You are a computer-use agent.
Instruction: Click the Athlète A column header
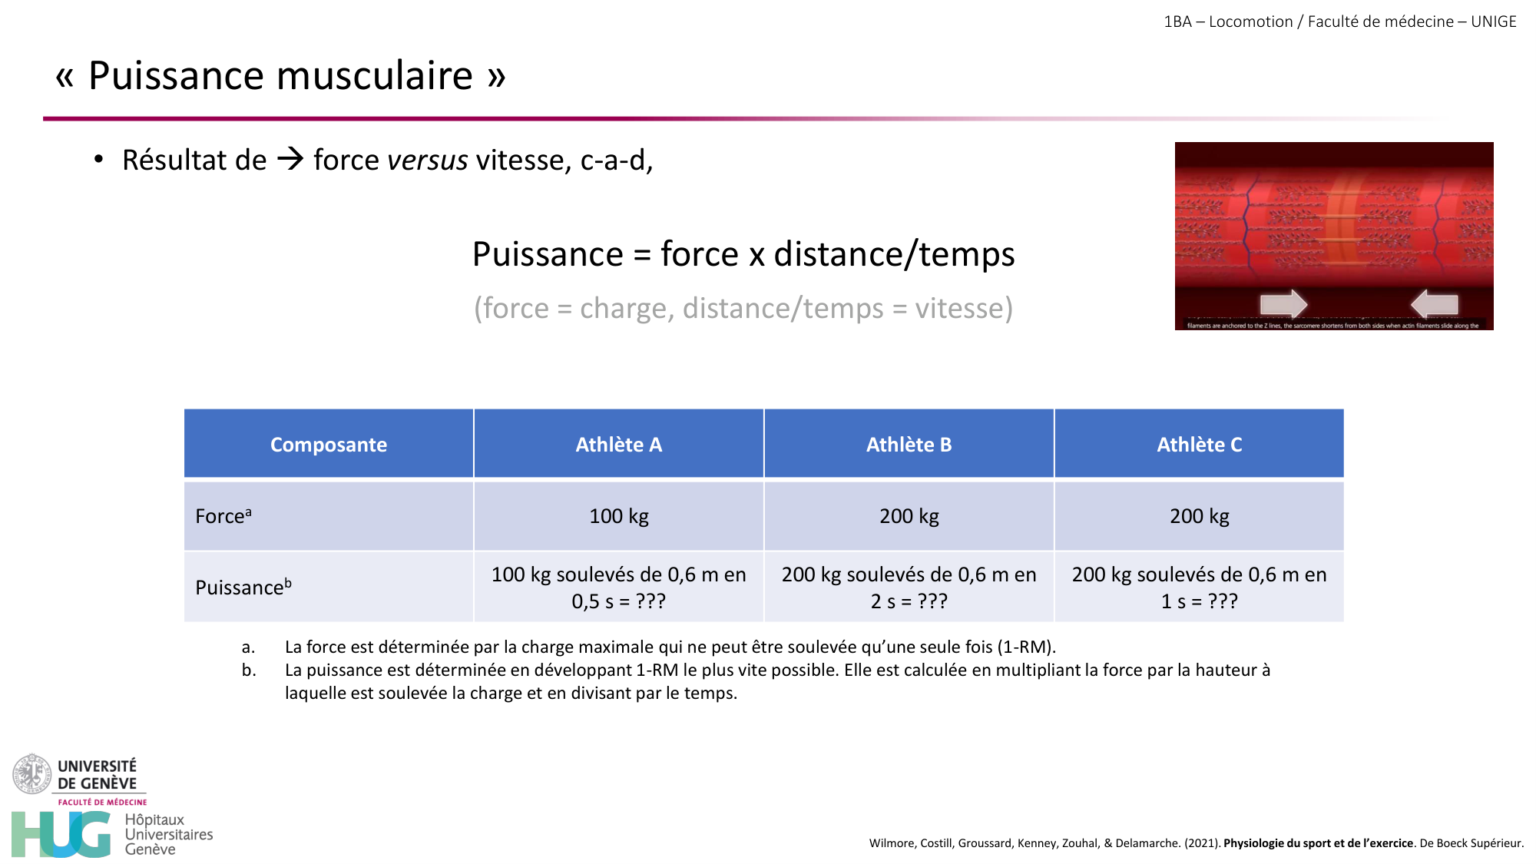(618, 445)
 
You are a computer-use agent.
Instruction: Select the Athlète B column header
(909, 445)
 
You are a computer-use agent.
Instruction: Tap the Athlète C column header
(1199, 445)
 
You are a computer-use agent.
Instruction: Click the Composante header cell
(328, 445)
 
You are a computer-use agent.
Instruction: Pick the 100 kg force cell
(618, 516)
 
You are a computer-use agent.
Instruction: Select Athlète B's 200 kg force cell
(909, 516)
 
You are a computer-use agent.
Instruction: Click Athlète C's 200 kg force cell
(1199, 516)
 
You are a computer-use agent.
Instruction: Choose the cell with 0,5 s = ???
(618, 588)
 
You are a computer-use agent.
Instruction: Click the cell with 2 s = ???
(909, 588)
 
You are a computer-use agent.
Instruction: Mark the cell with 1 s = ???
(1199, 588)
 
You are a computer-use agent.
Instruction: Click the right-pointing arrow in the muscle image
(1283, 304)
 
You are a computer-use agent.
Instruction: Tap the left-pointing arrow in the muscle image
(1434, 304)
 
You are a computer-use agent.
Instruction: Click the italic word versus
(428, 161)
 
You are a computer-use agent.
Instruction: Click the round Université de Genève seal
(31, 773)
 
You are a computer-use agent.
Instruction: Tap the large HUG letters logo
(61, 834)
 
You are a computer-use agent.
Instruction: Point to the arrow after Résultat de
(290, 160)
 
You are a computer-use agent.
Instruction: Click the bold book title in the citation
(1318, 843)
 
